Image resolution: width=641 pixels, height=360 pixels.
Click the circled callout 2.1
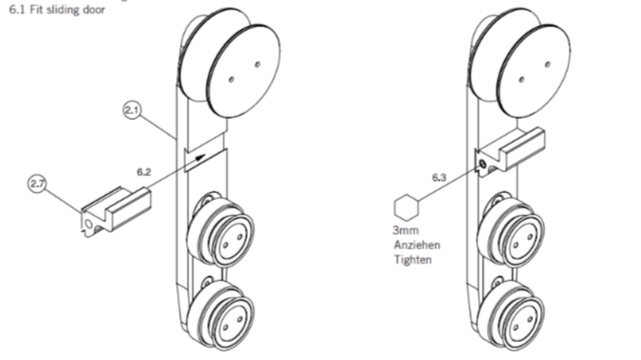[132, 110]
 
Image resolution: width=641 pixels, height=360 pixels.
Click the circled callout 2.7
[37, 184]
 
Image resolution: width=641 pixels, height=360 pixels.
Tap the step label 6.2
[144, 172]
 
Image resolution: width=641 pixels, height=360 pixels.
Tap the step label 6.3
[439, 178]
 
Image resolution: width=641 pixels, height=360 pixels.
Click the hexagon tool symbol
[406, 208]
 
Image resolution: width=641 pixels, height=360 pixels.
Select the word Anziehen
[417, 245]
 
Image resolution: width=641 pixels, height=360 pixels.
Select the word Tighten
[413, 259]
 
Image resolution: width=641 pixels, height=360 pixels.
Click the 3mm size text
[406, 230]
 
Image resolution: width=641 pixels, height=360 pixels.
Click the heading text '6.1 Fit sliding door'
[57, 10]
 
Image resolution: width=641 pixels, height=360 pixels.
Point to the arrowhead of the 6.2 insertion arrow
[202, 157]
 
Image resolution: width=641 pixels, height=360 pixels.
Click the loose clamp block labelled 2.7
[116, 212]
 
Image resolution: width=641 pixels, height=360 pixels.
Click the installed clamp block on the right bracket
[510, 151]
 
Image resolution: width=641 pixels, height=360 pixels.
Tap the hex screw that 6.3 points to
[483, 164]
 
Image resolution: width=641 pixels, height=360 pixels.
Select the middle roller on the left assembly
[221, 230]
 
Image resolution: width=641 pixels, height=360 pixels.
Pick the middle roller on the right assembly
[511, 230]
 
